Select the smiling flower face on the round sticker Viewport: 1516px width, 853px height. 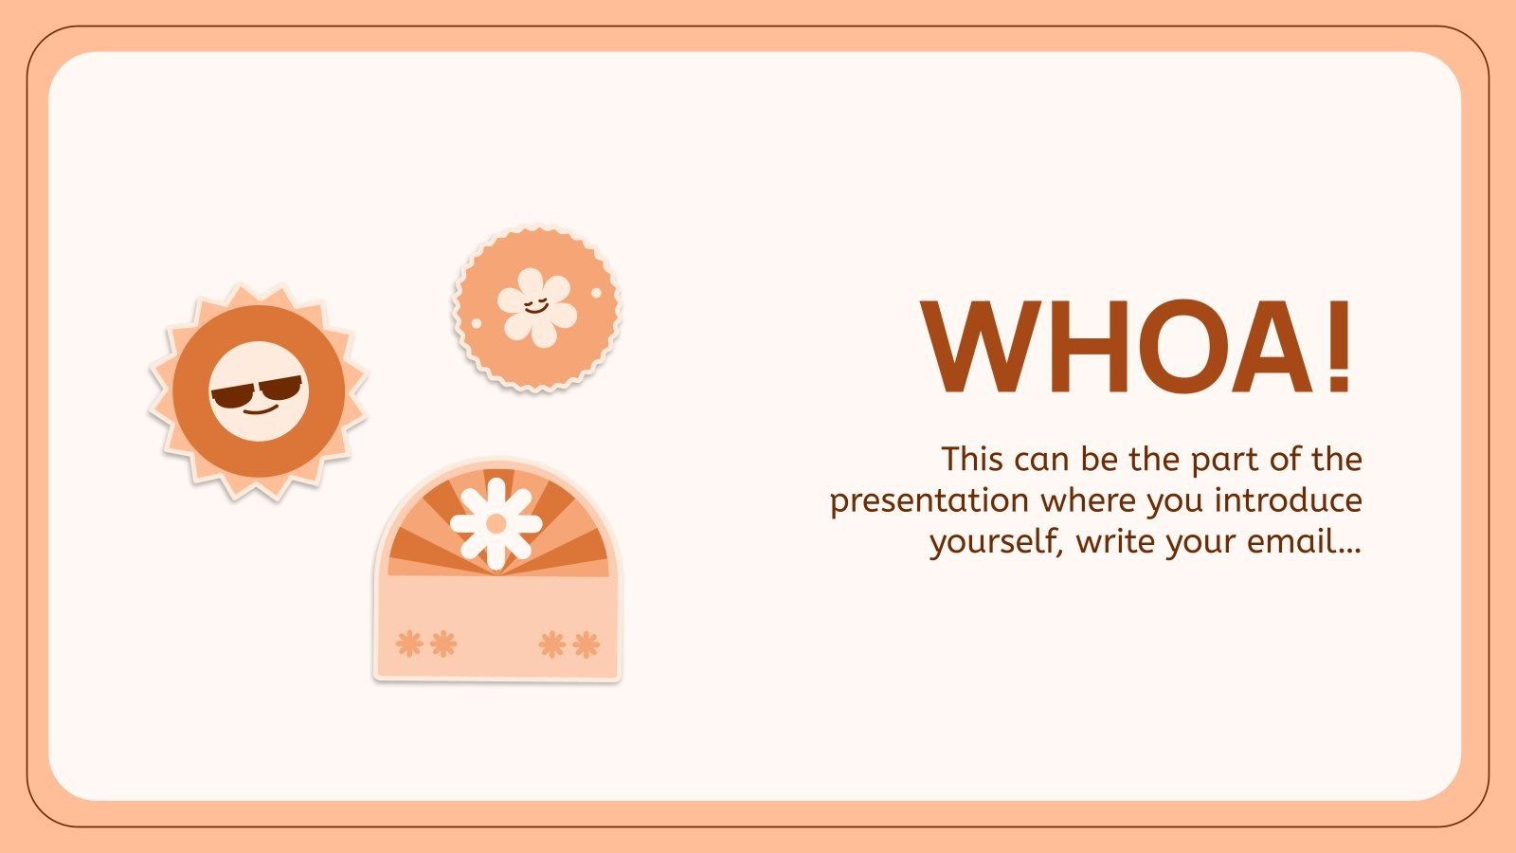[536, 305]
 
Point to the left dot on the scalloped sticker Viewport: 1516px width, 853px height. [477, 324]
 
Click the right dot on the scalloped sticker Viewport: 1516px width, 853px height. [596, 293]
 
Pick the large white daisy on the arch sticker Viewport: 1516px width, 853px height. [496, 523]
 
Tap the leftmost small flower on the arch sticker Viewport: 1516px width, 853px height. [409, 644]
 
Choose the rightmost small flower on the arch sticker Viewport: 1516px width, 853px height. [587, 644]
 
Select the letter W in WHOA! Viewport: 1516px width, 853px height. [984, 346]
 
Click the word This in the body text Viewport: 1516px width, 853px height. [972, 459]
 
